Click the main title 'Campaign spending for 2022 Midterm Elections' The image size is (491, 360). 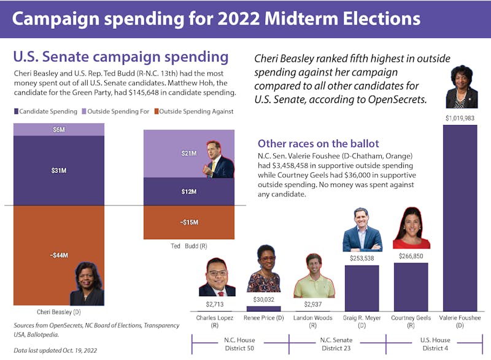pos(216,18)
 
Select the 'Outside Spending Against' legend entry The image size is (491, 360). pos(193,112)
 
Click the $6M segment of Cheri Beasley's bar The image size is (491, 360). pos(59,129)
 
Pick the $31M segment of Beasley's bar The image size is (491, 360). pos(59,170)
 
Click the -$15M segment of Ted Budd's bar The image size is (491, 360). pos(188,222)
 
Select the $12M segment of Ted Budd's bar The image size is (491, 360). pos(188,192)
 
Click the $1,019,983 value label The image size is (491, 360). pos(460,117)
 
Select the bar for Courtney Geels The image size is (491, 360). pos(411,287)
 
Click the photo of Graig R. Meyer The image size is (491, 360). pos(361,230)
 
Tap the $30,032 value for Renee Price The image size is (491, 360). pos(264,299)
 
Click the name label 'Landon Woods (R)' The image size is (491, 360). pos(313,322)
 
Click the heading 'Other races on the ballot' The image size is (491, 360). pos(318,144)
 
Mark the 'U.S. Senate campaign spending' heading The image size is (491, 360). pos(121,58)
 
